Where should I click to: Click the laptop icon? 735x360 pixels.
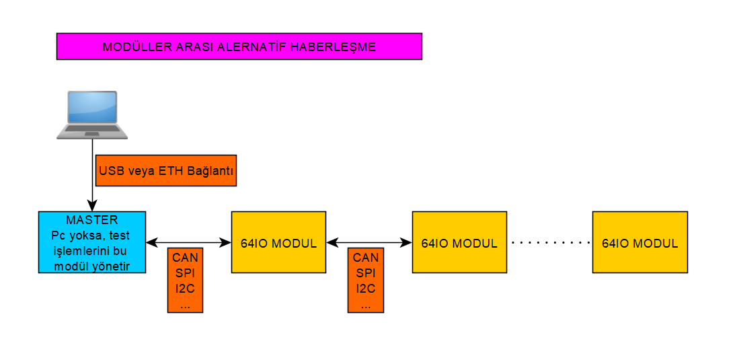(x=92, y=115)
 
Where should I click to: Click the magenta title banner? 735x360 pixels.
(x=239, y=46)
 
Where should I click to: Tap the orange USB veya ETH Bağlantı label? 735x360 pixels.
(x=166, y=171)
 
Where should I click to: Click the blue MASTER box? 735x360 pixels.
(x=92, y=242)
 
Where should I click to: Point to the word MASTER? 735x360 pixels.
(x=92, y=220)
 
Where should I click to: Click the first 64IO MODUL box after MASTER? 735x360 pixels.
(x=278, y=242)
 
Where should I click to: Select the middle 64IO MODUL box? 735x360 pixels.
(x=459, y=242)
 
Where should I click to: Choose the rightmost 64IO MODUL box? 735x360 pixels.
(x=640, y=242)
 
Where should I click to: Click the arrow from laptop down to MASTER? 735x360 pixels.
(x=92, y=175)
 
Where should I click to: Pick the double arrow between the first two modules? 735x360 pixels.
(x=369, y=242)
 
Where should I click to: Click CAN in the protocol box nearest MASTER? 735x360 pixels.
(x=185, y=258)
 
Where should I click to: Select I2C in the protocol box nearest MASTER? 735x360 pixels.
(x=185, y=289)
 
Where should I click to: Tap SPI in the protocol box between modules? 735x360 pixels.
(x=366, y=273)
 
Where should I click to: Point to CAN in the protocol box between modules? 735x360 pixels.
(x=366, y=258)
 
